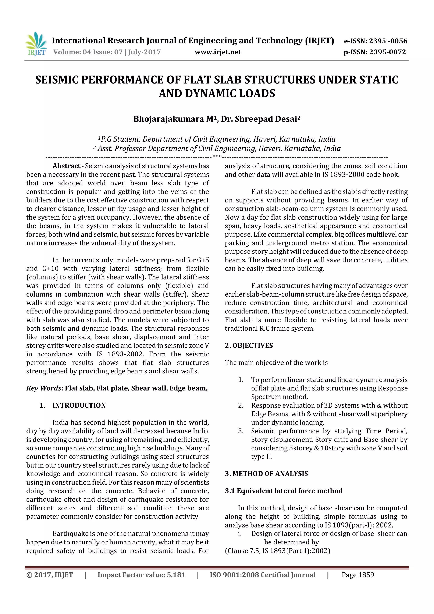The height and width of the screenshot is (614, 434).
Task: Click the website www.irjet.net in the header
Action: coord(218,52)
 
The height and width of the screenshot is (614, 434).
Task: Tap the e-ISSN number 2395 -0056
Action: coord(388,41)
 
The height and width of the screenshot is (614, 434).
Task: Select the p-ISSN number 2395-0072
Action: coord(387,52)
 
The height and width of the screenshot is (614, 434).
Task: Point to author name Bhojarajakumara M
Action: coord(173,119)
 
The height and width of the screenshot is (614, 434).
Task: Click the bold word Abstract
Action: coord(66,166)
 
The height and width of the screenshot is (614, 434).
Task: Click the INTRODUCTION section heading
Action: coord(79,405)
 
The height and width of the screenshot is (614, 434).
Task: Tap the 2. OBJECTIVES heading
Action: coord(249,345)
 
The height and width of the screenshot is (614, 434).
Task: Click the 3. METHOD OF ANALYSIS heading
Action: coord(266,474)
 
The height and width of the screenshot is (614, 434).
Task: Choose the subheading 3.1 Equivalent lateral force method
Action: coord(284,491)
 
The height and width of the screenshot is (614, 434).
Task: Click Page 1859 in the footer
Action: coord(358,575)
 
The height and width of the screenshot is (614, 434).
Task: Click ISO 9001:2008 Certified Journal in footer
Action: coord(262,575)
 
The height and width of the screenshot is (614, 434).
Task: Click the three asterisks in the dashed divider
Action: coord(217,156)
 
